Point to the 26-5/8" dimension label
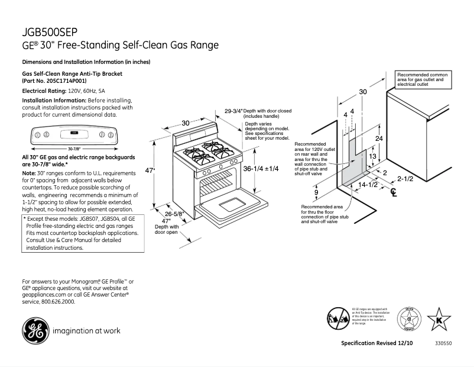coord(175,214)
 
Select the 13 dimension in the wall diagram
coord(372,156)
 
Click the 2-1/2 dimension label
coord(405,178)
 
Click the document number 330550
coord(443,343)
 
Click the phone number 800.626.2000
coord(57,302)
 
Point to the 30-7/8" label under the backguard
coord(74,149)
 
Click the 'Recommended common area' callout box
coord(422,80)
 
